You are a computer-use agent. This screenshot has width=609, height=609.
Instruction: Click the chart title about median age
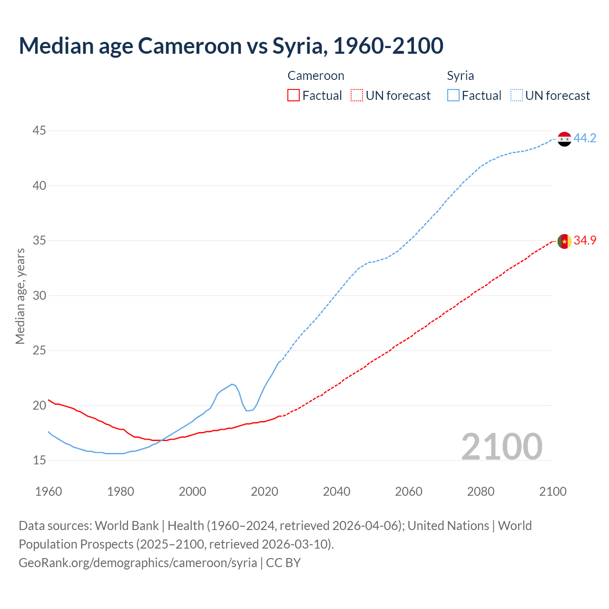(x=231, y=46)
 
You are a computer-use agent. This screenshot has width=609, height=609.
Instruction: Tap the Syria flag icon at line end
(x=564, y=139)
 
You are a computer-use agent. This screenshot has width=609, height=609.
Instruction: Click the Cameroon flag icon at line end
(x=564, y=241)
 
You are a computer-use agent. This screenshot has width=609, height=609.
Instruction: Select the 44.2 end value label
(x=585, y=138)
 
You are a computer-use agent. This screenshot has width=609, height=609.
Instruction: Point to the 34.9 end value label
(x=585, y=241)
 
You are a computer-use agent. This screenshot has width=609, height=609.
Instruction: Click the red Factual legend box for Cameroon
(x=294, y=96)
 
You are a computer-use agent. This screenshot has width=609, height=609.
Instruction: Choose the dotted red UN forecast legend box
(x=357, y=96)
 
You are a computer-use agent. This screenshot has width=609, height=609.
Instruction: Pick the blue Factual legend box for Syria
(x=453, y=96)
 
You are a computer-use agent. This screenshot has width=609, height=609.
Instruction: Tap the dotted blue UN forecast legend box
(x=517, y=96)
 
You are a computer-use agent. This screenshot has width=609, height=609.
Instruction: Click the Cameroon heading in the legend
(x=316, y=76)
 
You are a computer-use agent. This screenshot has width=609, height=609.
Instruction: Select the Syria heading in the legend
(x=461, y=76)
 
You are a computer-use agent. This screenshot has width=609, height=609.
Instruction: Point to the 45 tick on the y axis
(x=39, y=131)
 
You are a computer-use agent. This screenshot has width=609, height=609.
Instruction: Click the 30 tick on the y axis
(x=39, y=295)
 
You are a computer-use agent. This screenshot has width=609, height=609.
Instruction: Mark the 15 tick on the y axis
(x=39, y=460)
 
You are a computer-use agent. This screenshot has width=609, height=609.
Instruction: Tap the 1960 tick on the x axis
(x=49, y=491)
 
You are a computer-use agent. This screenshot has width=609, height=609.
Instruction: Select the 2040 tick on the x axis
(x=337, y=491)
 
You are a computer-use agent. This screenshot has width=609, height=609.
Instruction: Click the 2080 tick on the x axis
(x=481, y=491)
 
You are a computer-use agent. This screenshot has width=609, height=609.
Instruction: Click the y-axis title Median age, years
(x=20, y=296)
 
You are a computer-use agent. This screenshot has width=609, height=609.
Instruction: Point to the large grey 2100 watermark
(x=501, y=446)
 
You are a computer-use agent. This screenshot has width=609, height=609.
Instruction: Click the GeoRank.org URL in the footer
(x=138, y=563)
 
